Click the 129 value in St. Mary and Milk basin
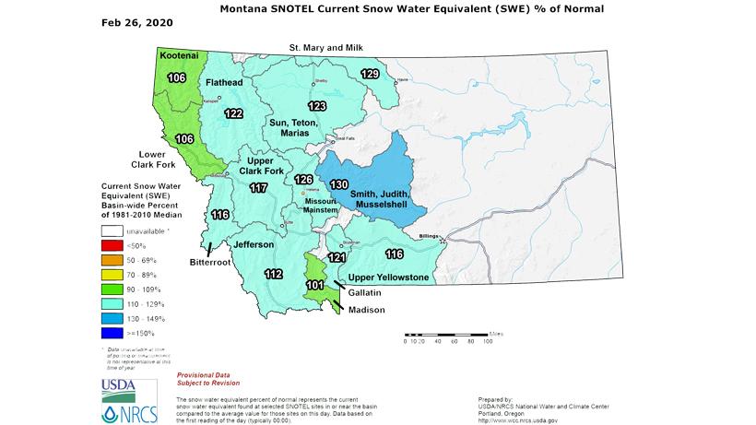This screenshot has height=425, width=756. point(370,74)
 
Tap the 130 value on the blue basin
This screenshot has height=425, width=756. point(338,184)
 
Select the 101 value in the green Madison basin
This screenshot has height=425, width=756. point(314,285)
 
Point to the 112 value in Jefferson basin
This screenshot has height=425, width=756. point(273,274)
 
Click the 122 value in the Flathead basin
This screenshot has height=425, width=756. point(233,113)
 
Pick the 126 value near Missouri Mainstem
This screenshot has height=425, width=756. point(303,179)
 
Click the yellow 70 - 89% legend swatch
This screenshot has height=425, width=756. point(115,275)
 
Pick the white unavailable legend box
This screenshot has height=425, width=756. point(115,232)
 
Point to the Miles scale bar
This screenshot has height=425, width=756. point(446,334)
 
